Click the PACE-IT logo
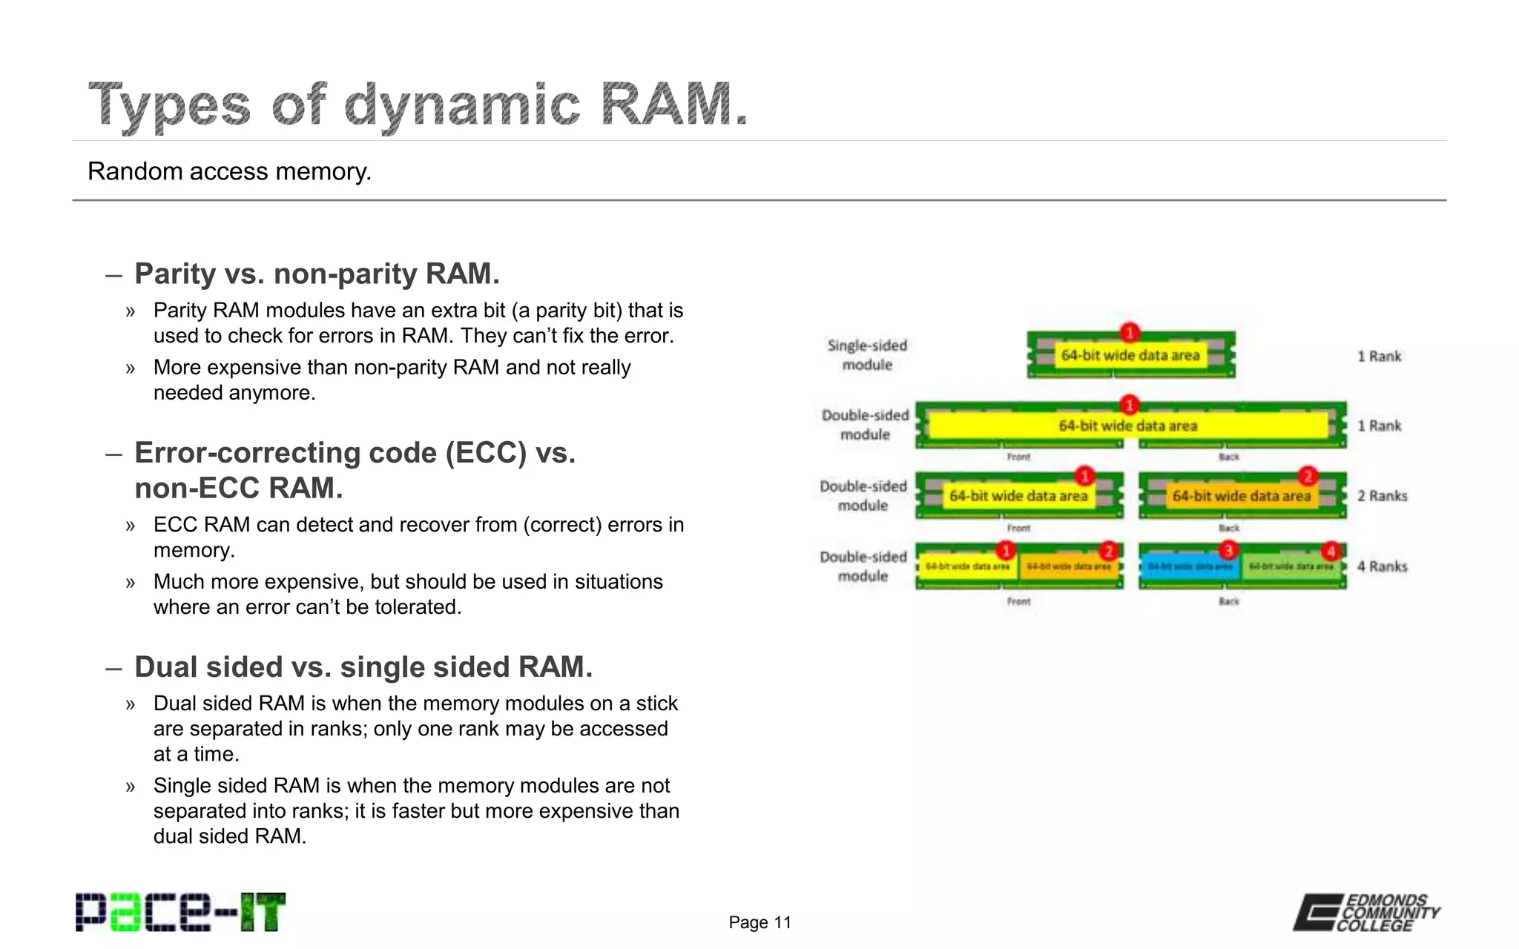pos(180,912)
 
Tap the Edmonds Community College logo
pos(1366,913)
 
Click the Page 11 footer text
pos(759,922)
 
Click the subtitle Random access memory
pos(229,171)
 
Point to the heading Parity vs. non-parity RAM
pos(317,274)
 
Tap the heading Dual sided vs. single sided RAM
pos(363,667)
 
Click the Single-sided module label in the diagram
pos(867,355)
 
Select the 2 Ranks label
pos(1382,496)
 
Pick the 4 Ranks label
pos(1382,566)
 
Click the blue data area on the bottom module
pos(1190,567)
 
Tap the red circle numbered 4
pos(1331,551)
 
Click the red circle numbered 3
pos(1228,550)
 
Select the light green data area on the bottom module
pos(1291,567)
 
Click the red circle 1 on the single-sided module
pos(1129,332)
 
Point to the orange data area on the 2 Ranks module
pos(1242,496)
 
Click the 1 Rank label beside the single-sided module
pos(1379,357)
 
